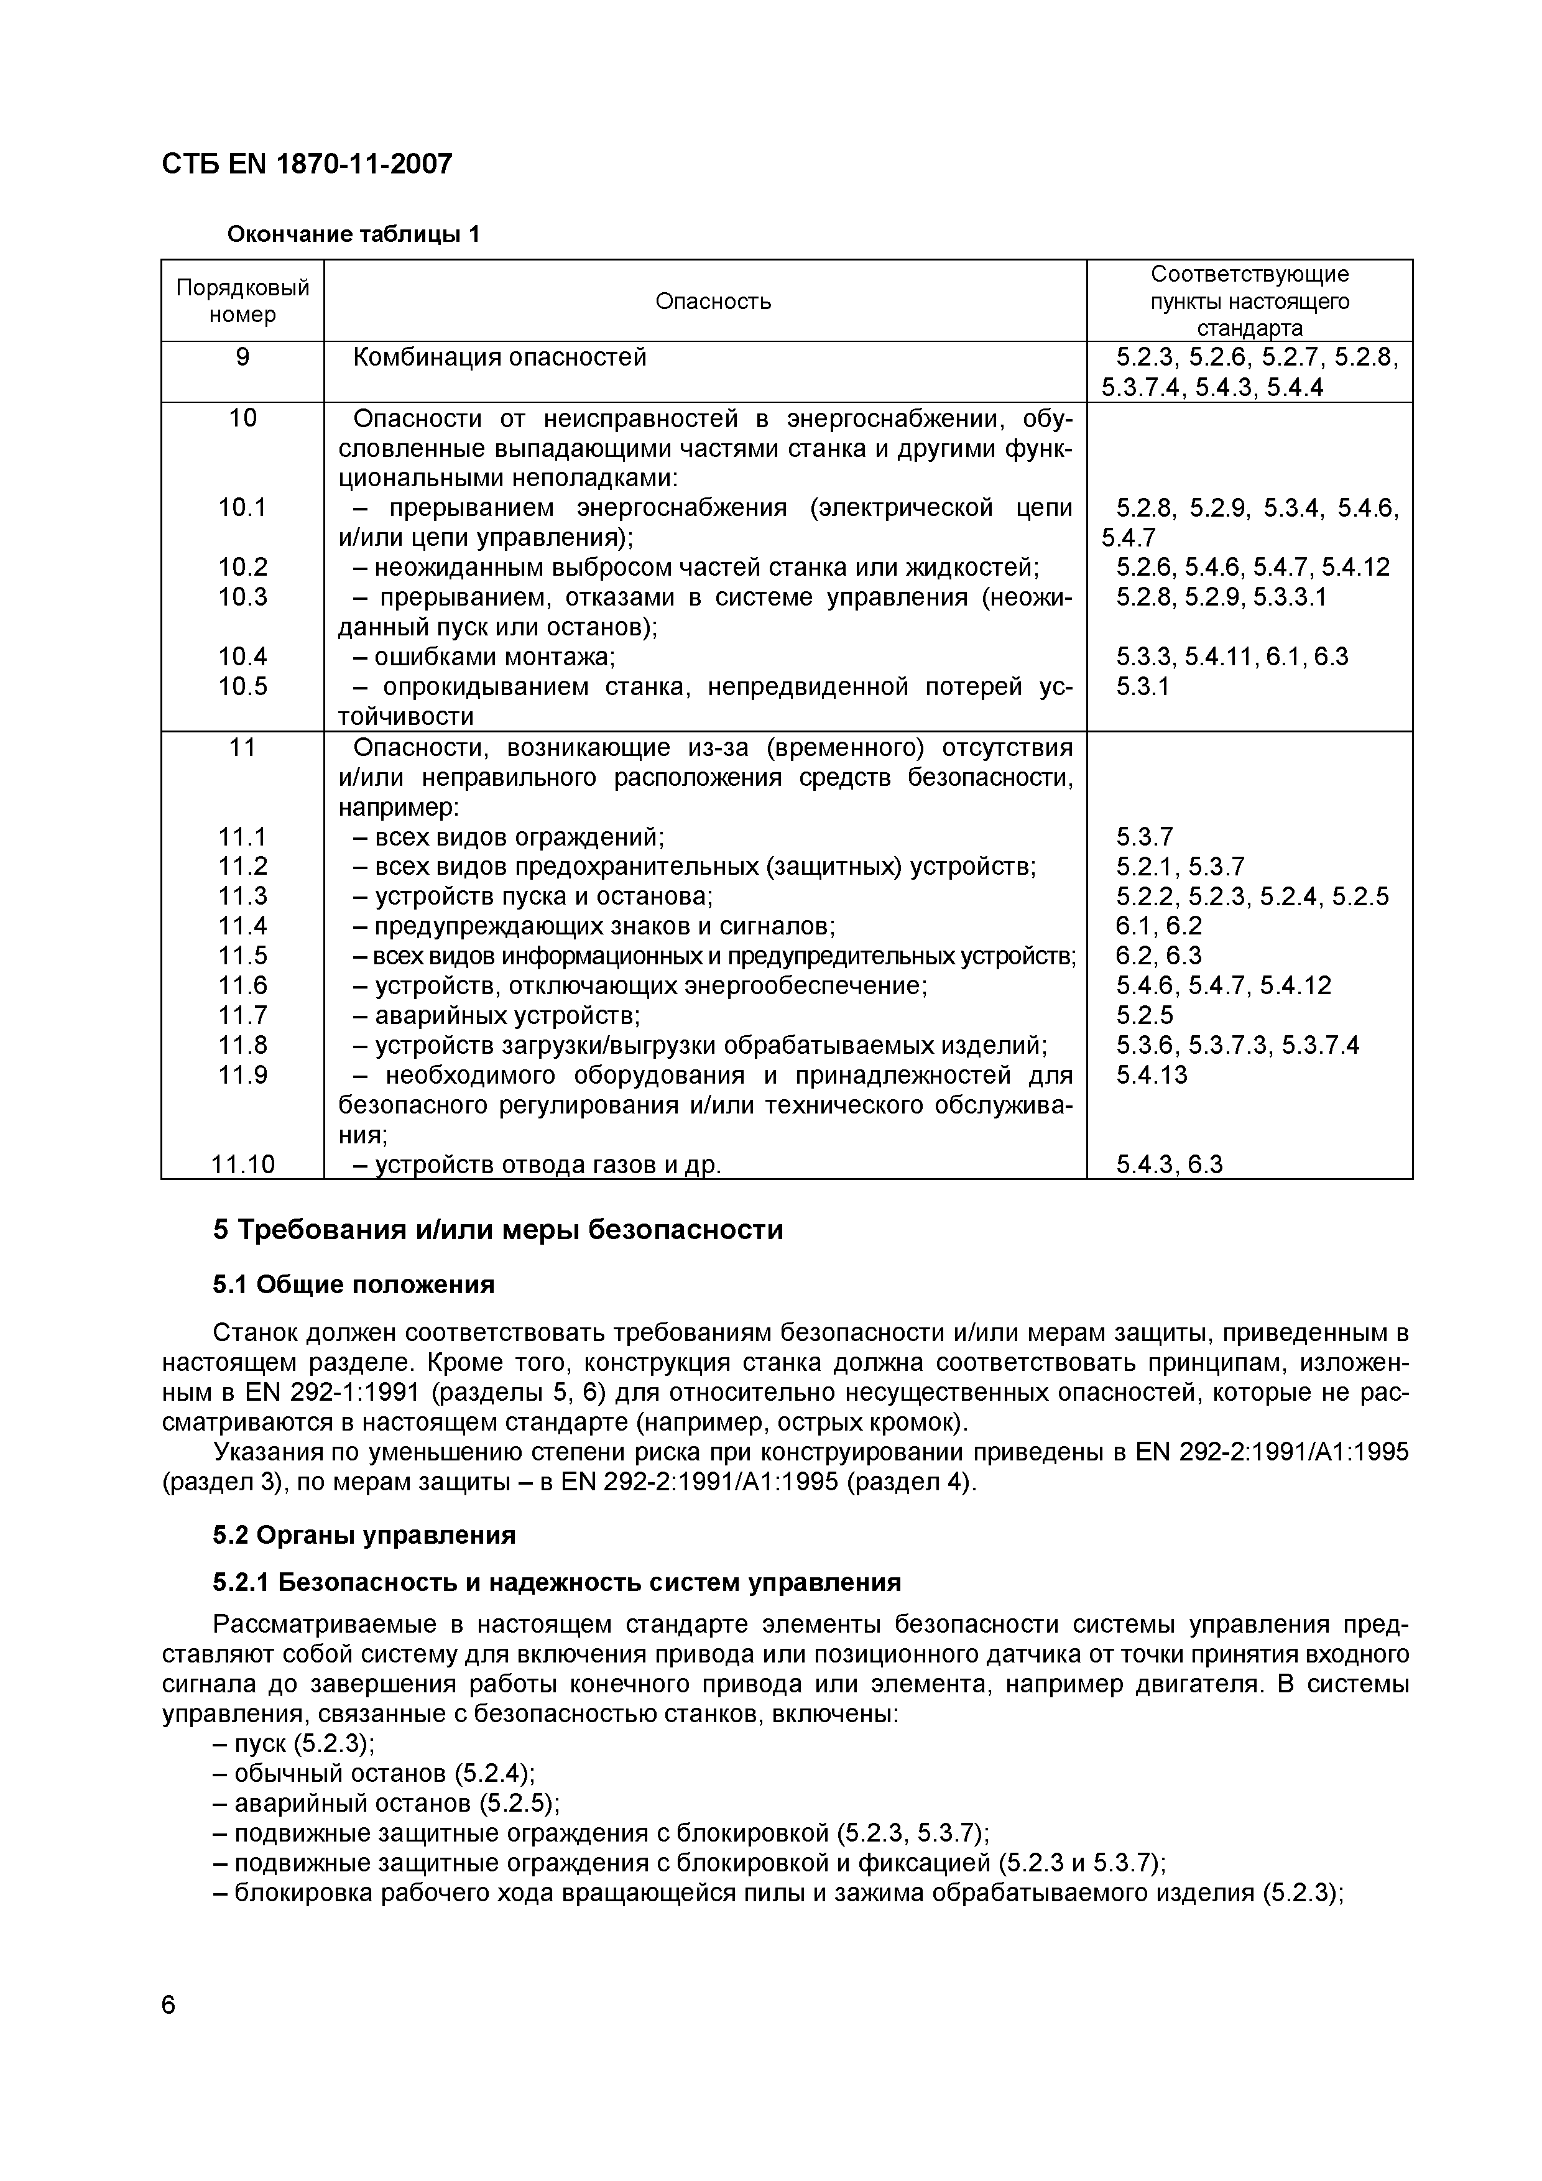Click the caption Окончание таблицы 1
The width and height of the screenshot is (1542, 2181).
353,234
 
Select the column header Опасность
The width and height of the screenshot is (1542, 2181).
714,302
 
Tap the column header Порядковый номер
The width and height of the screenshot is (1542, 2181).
243,301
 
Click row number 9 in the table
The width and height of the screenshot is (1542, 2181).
243,357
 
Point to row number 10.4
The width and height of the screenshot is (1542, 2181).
243,657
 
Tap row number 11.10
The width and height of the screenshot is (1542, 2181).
243,1164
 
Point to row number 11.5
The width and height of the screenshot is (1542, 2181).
243,956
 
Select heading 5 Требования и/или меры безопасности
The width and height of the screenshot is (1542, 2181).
498,1230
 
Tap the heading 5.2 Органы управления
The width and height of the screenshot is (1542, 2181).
364,1535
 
